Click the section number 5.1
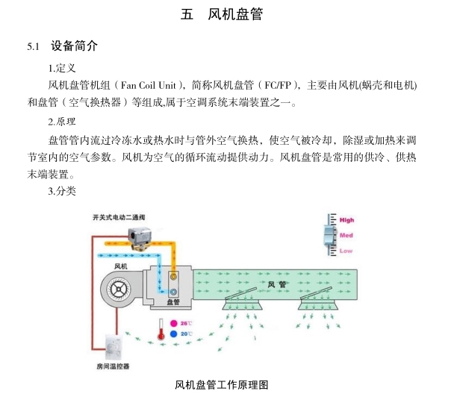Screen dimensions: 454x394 click(x=33, y=46)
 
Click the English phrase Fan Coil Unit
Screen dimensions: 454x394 click(x=152, y=85)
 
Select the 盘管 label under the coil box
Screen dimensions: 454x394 click(x=172, y=302)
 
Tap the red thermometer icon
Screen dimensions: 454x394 click(x=161, y=330)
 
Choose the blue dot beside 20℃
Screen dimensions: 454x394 click(x=174, y=334)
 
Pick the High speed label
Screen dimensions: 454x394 click(x=346, y=220)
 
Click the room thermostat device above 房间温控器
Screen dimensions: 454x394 click(x=113, y=347)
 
